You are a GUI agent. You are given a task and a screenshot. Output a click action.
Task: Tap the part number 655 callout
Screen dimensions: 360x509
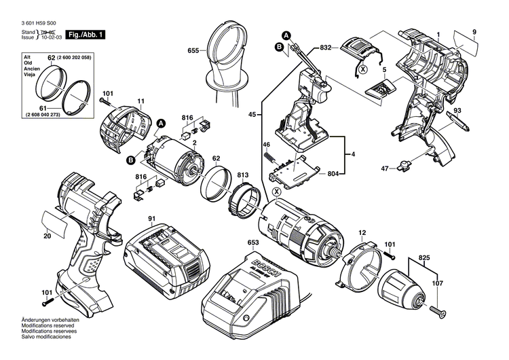click(x=194, y=50)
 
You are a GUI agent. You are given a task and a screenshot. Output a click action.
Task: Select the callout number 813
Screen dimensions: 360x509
click(x=242, y=175)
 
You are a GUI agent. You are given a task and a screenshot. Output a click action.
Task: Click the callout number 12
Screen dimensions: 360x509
click(x=362, y=232)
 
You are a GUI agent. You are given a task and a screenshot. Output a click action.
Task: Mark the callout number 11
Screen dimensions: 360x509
click(x=142, y=102)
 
